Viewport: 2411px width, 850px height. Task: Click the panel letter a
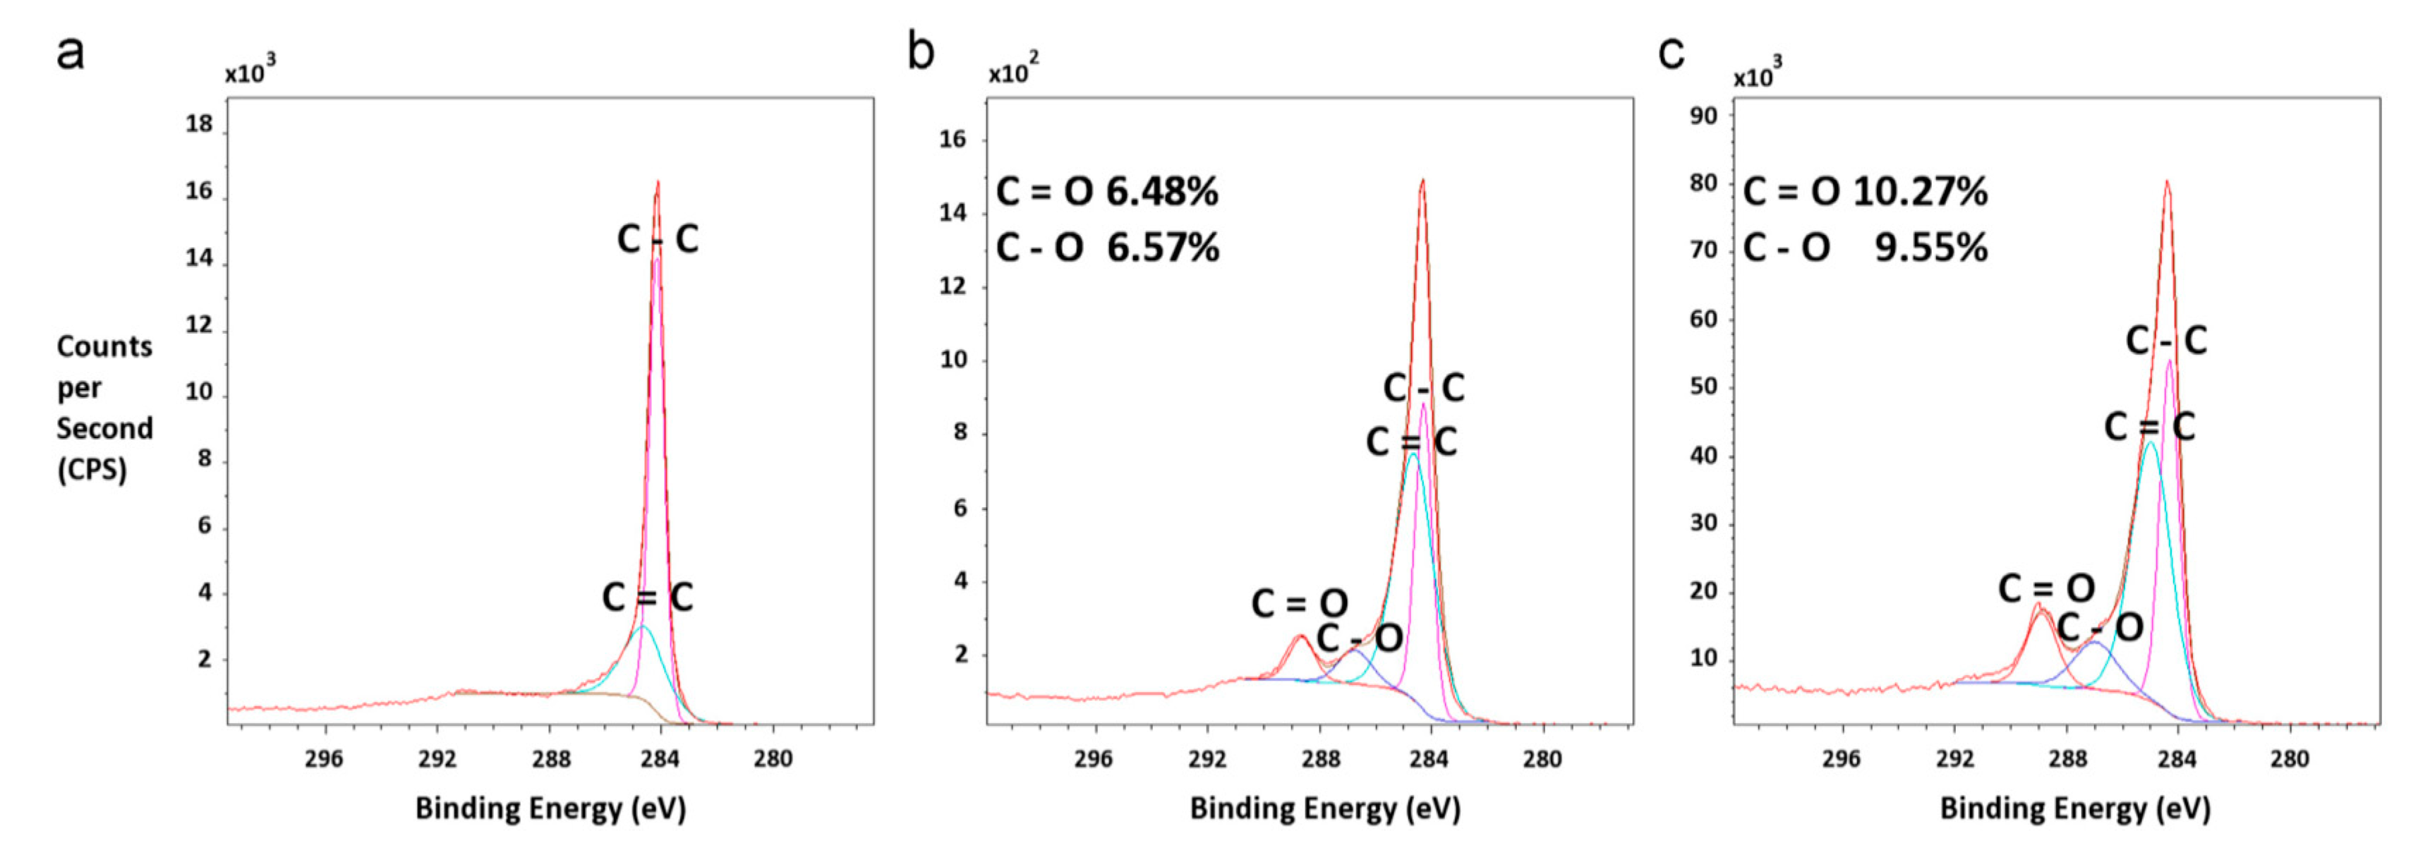[x=70, y=54]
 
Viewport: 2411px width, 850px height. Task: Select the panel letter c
[x=1671, y=54]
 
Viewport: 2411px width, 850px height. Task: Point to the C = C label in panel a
[x=647, y=597]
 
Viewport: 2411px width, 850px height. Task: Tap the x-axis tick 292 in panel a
[x=437, y=758]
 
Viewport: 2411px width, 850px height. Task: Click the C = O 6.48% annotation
[x=1106, y=192]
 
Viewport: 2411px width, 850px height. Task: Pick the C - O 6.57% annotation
[x=1106, y=248]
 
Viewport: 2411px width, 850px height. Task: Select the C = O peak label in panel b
[x=1299, y=604]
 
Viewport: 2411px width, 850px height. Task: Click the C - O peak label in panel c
[x=2099, y=627]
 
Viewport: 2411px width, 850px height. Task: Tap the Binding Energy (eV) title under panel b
[x=1324, y=808]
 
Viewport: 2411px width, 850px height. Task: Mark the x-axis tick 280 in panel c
[x=2290, y=758]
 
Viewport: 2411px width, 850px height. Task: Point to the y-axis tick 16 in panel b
[x=953, y=140]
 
